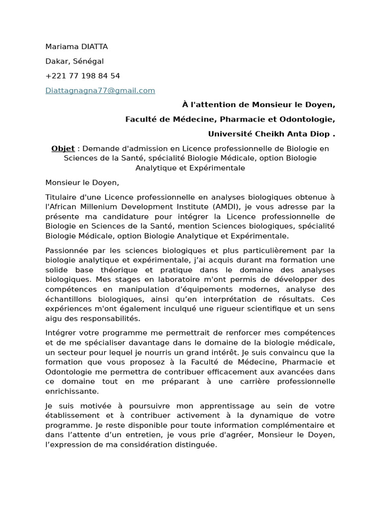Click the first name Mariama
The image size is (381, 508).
click(62, 47)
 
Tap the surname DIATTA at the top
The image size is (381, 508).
click(94, 47)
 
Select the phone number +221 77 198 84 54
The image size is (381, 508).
click(82, 76)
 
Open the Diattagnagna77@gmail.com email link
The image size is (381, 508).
click(100, 90)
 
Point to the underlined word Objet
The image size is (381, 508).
click(63, 148)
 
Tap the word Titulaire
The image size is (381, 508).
click(62, 197)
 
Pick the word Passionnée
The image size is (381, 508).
click(66, 250)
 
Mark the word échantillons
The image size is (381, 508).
click(68, 299)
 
